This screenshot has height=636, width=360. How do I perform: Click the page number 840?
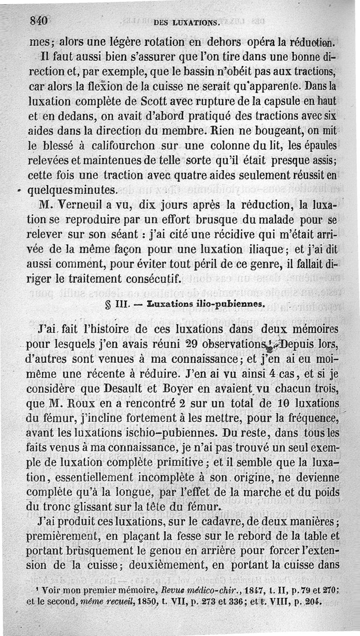(39, 20)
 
